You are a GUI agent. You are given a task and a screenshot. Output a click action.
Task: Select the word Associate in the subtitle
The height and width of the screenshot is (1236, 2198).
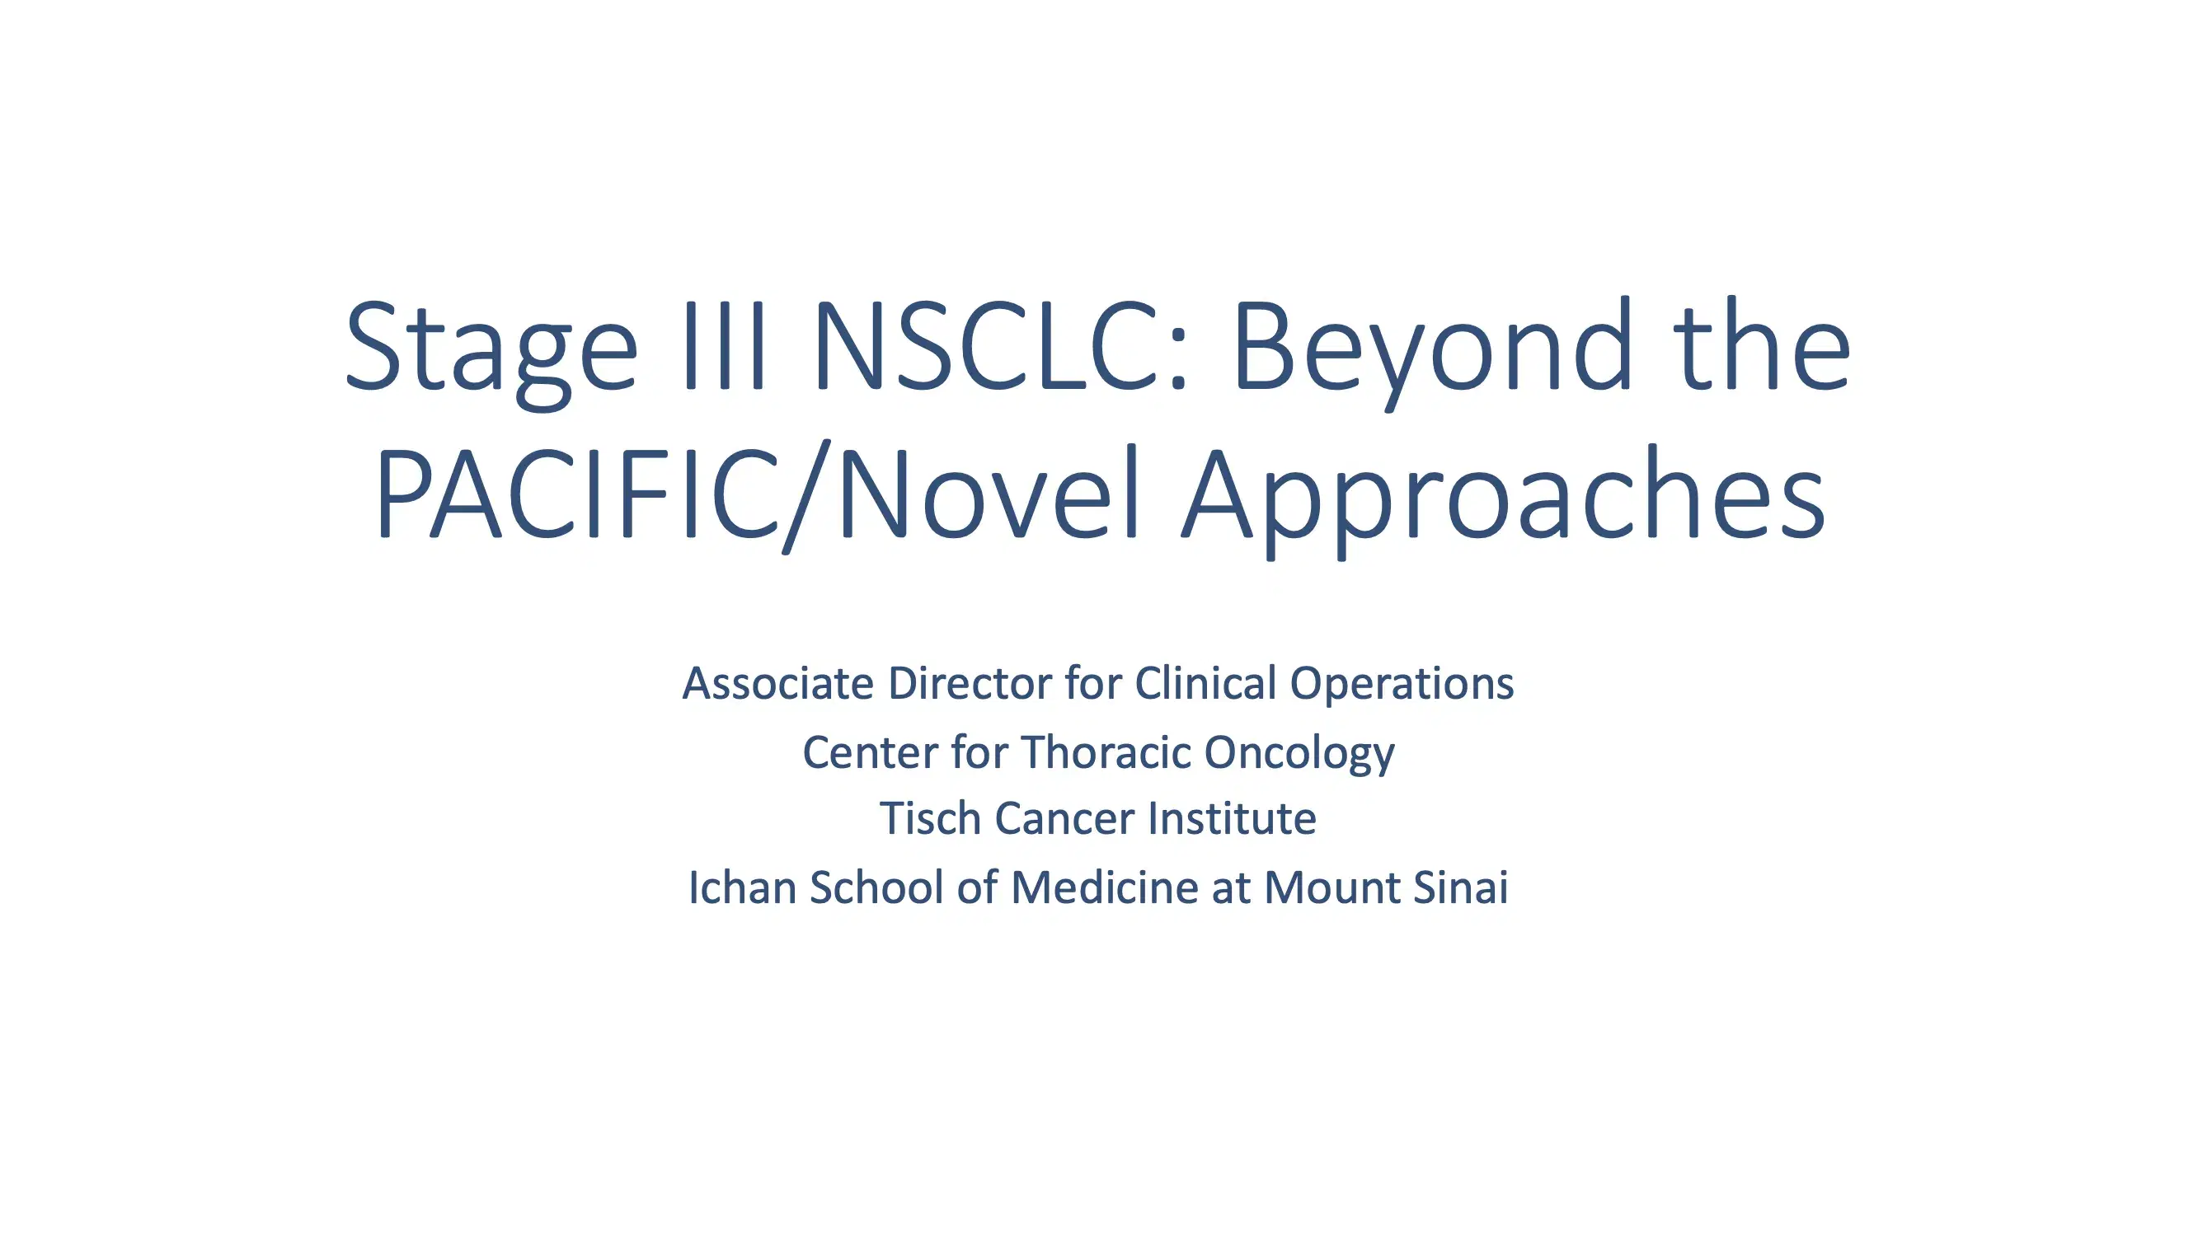pyautogui.click(x=778, y=683)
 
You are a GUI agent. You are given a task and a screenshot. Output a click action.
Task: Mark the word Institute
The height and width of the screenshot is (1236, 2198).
pyautogui.click(x=1231, y=819)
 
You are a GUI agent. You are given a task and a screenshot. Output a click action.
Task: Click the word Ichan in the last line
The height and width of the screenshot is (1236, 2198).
pyautogui.click(x=742, y=887)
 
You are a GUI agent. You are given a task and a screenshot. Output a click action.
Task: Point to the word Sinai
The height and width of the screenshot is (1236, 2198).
pyautogui.click(x=1460, y=887)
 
